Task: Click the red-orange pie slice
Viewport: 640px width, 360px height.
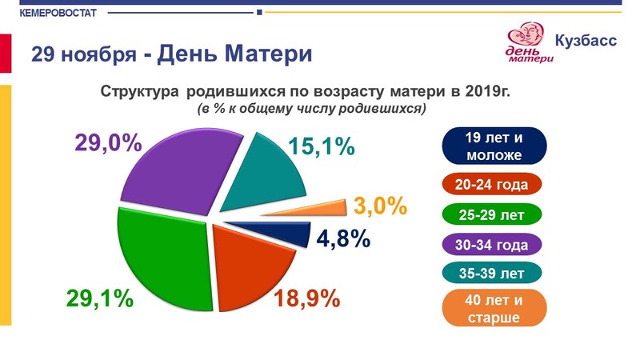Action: pyautogui.click(x=249, y=266)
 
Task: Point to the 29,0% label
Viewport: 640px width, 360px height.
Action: pyautogui.click(x=108, y=143)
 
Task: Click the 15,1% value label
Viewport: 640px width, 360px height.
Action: pyautogui.click(x=322, y=146)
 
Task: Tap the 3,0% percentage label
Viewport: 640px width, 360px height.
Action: pyautogui.click(x=380, y=206)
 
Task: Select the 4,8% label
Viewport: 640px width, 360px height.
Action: pyautogui.click(x=343, y=238)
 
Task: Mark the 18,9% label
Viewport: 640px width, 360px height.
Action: pyautogui.click(x=307, y=298)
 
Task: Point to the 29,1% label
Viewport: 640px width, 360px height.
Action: pyautogui.click(x=100, y=298)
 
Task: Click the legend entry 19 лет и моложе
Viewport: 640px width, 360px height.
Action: pyautogui.click(x=494, y=146)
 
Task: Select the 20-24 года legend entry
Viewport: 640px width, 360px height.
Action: pyautogui.click(x=491, y=185)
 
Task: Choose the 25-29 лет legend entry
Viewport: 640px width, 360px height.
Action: pyautogui.click(x=491, y=214)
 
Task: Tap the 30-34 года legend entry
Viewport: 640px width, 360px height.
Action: pyautogui.click(x=491, y=245)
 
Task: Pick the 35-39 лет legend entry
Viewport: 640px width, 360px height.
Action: pyautogui.click(x=491, y=273)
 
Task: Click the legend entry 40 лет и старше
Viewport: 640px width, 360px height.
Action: pyautogui.click(x=494, y=308)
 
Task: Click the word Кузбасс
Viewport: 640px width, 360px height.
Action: pyautogui.click(x=586, y=41)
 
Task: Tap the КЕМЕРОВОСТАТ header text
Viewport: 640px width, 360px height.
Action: pyautogui.click(x=58, y=13)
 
